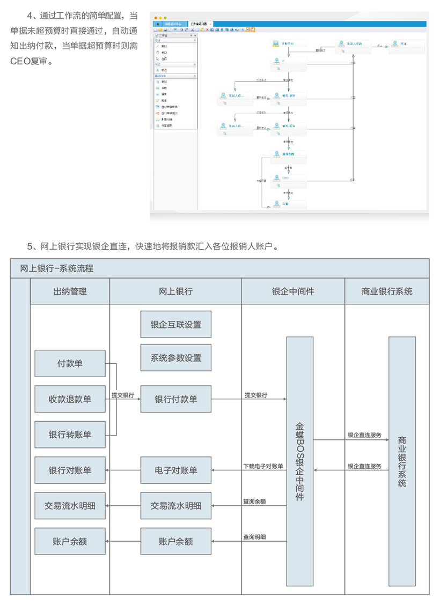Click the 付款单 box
pos(70,363)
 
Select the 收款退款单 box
pos(70,399)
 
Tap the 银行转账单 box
pos(70,435)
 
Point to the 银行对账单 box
pos(70,470)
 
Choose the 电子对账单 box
pos(176,470)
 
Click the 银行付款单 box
pos(176,399)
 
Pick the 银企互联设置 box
pos(176,325)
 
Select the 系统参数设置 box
pos(176,358)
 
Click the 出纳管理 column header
pos(70,291)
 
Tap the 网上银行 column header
pos(175,291)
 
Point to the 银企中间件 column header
pos(293,291)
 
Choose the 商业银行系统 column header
pos(387,291)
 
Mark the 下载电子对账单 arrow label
pos(263,467)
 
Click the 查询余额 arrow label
pos(254,502)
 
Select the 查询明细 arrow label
pos(254,537)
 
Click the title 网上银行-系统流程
pos(56,268)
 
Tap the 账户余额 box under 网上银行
pos(176,542)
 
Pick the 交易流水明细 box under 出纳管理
pos(70,506)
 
